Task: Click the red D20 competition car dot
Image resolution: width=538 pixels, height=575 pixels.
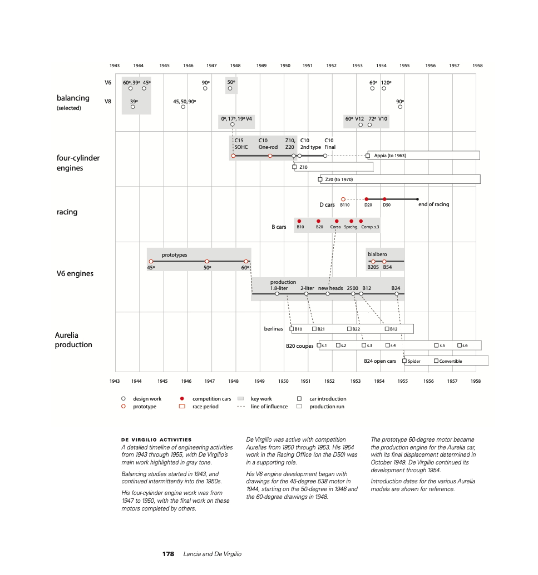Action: [x=366, y=199]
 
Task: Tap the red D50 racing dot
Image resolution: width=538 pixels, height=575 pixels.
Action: [x=384, y=199]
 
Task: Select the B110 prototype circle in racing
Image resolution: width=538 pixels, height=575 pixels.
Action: [x=343, y=199]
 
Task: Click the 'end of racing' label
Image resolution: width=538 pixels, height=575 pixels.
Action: [x=433, y=204]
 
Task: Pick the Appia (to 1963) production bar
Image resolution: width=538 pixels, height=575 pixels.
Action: [x=423, y=156]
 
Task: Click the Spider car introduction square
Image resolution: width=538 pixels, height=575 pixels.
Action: [x=404, y=361]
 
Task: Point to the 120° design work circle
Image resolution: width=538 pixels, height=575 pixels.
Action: [x=384, y=88]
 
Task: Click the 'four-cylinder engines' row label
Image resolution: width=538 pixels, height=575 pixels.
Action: [x=78, y=163]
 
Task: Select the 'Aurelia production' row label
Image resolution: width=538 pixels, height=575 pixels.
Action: [x=73, y=339]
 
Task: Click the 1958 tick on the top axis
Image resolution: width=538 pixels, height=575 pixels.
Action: [x=477, y=66]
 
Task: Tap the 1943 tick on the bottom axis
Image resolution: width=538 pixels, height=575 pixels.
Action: [x=115, y=381]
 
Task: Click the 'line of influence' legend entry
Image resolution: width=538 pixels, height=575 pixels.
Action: [x=269, y=407]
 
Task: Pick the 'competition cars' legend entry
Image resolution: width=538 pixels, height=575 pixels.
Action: [x=211, y=399]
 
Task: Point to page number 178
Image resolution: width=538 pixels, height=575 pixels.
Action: [x=168, y=554]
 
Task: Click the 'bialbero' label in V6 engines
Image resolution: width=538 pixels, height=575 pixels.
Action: [x=377, y=254]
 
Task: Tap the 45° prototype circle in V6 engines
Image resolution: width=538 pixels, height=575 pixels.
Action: [x=151, y=261]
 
